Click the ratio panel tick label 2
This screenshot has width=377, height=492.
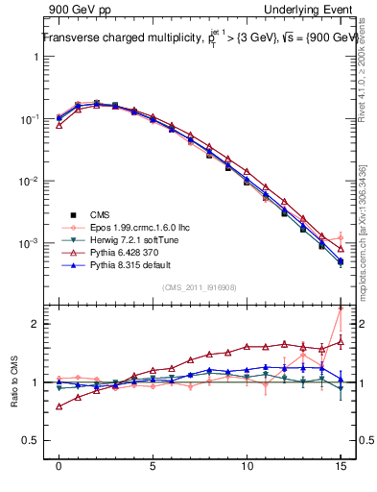coord(36,324)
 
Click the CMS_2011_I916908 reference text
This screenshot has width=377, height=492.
coord(199,286)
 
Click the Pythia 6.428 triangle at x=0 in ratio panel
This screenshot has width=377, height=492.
coord(59,406)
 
